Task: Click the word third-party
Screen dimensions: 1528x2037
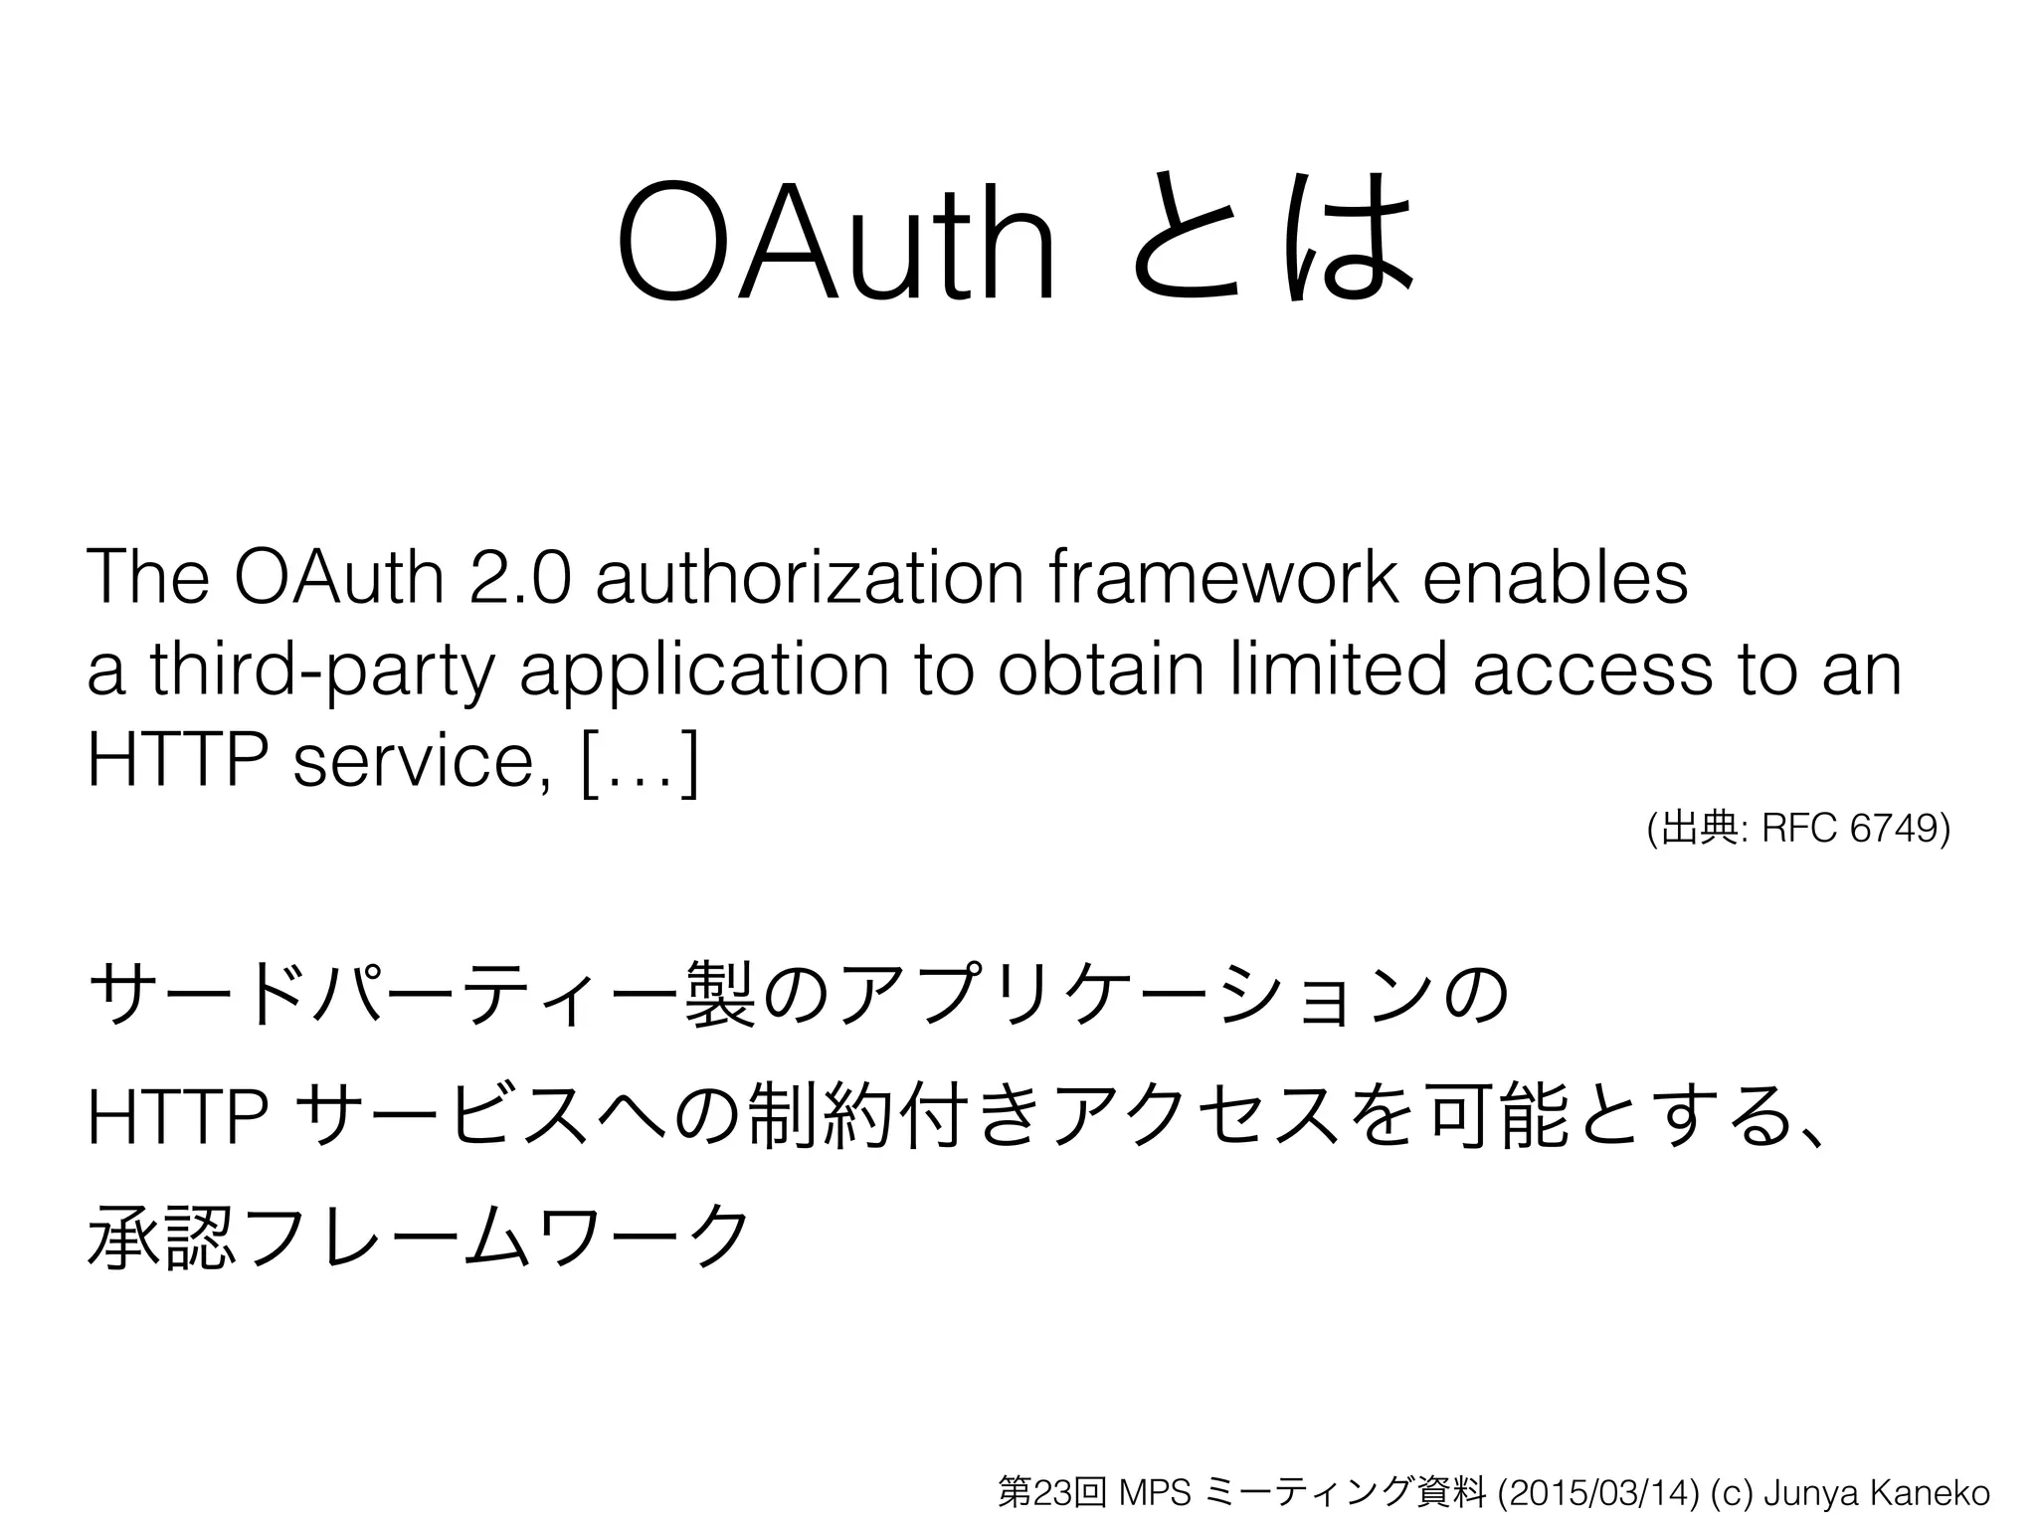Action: pyautogui.click(x=319, y=672)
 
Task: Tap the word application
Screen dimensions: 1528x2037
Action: pyautogui.click(x=703, y=672)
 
